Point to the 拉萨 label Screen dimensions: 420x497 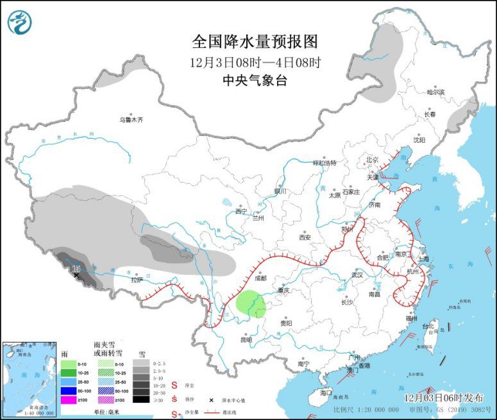click(137, 280)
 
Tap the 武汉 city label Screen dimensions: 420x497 click(356, 275)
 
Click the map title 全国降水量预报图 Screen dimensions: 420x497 click(255, 42)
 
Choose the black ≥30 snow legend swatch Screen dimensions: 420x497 click(139, 400)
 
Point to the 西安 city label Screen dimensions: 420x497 click(304, 237)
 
